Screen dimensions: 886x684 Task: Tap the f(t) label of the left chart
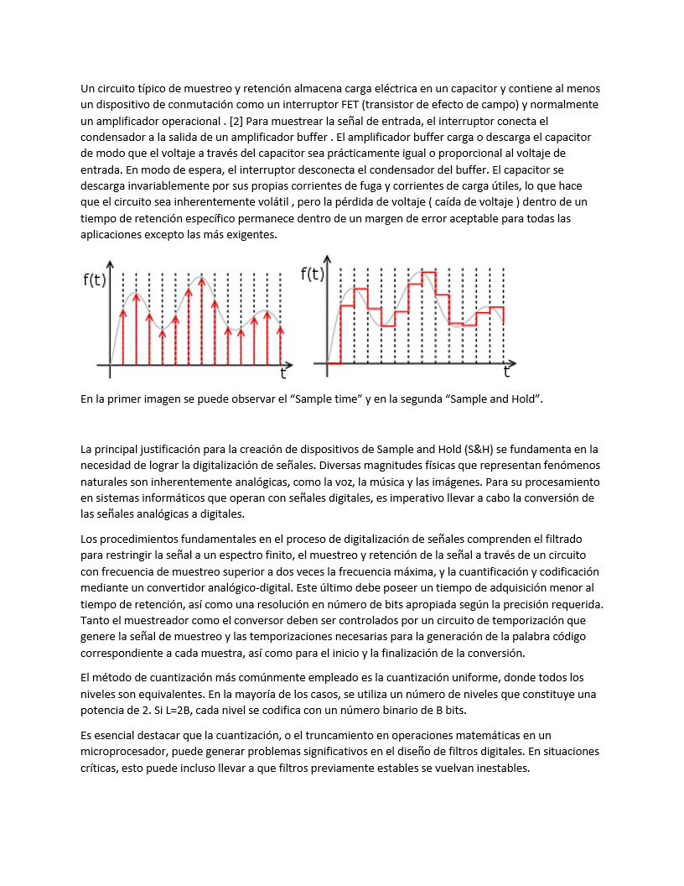tap(95, 280)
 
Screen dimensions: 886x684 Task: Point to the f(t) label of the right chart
tap(313, 274)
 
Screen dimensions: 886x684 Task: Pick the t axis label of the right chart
tap(506, 372)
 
